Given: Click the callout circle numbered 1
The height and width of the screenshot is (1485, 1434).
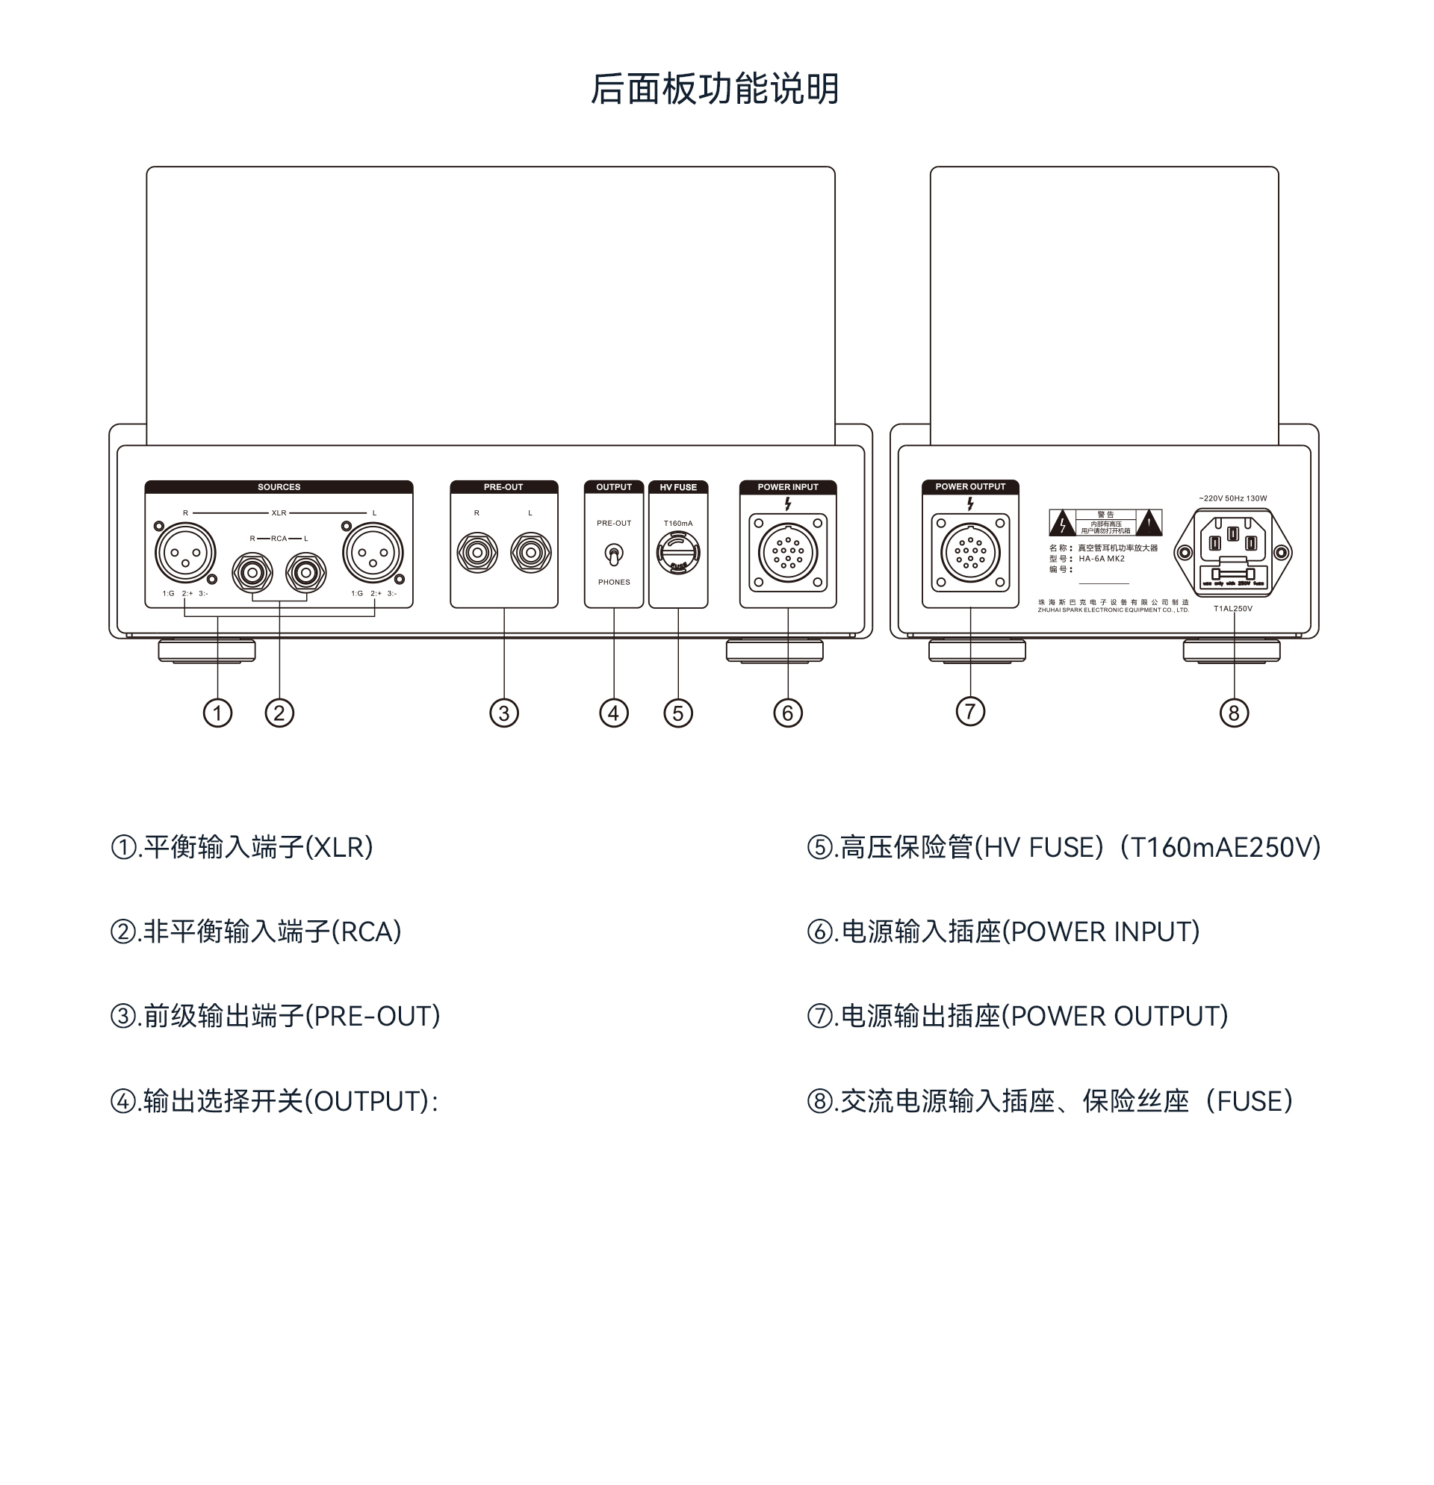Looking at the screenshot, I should pos(217,713).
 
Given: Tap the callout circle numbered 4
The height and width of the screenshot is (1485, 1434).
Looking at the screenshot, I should pos(614,713).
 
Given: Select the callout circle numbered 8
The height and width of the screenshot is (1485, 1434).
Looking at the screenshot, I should pos(1234,713).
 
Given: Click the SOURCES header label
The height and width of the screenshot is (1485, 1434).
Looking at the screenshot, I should pos(279,487).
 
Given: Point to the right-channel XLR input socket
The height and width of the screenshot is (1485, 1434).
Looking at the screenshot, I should pos(184,553).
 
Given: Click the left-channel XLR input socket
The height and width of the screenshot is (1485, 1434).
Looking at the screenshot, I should pos(373,553).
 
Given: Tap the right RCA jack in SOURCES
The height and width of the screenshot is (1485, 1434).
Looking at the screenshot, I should pos(252,573).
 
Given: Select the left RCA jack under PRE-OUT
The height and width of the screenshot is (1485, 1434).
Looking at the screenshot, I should pos(530,553).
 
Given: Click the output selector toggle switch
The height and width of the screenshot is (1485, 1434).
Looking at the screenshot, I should pos(614,554).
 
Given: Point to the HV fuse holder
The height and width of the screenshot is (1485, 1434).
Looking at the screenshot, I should pos(678,553).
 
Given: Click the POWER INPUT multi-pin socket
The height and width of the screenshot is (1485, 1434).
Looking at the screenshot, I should pos(788,553).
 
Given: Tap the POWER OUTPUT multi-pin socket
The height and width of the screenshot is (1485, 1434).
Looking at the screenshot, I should pos(970,553).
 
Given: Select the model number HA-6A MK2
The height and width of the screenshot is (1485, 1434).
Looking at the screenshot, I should pos(1102,559).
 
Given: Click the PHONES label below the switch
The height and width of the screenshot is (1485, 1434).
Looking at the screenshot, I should pos(614,583).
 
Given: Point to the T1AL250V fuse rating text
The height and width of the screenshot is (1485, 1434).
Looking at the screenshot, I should pos(1232,608).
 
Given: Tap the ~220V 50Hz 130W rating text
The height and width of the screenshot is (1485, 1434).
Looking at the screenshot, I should pos(1232,498).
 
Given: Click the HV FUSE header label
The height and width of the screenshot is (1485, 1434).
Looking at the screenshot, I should pos(678,487).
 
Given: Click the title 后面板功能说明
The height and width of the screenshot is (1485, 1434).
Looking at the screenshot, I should pos(715,90).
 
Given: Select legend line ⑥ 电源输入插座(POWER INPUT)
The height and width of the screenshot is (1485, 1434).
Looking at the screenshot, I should pos(1004,932).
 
